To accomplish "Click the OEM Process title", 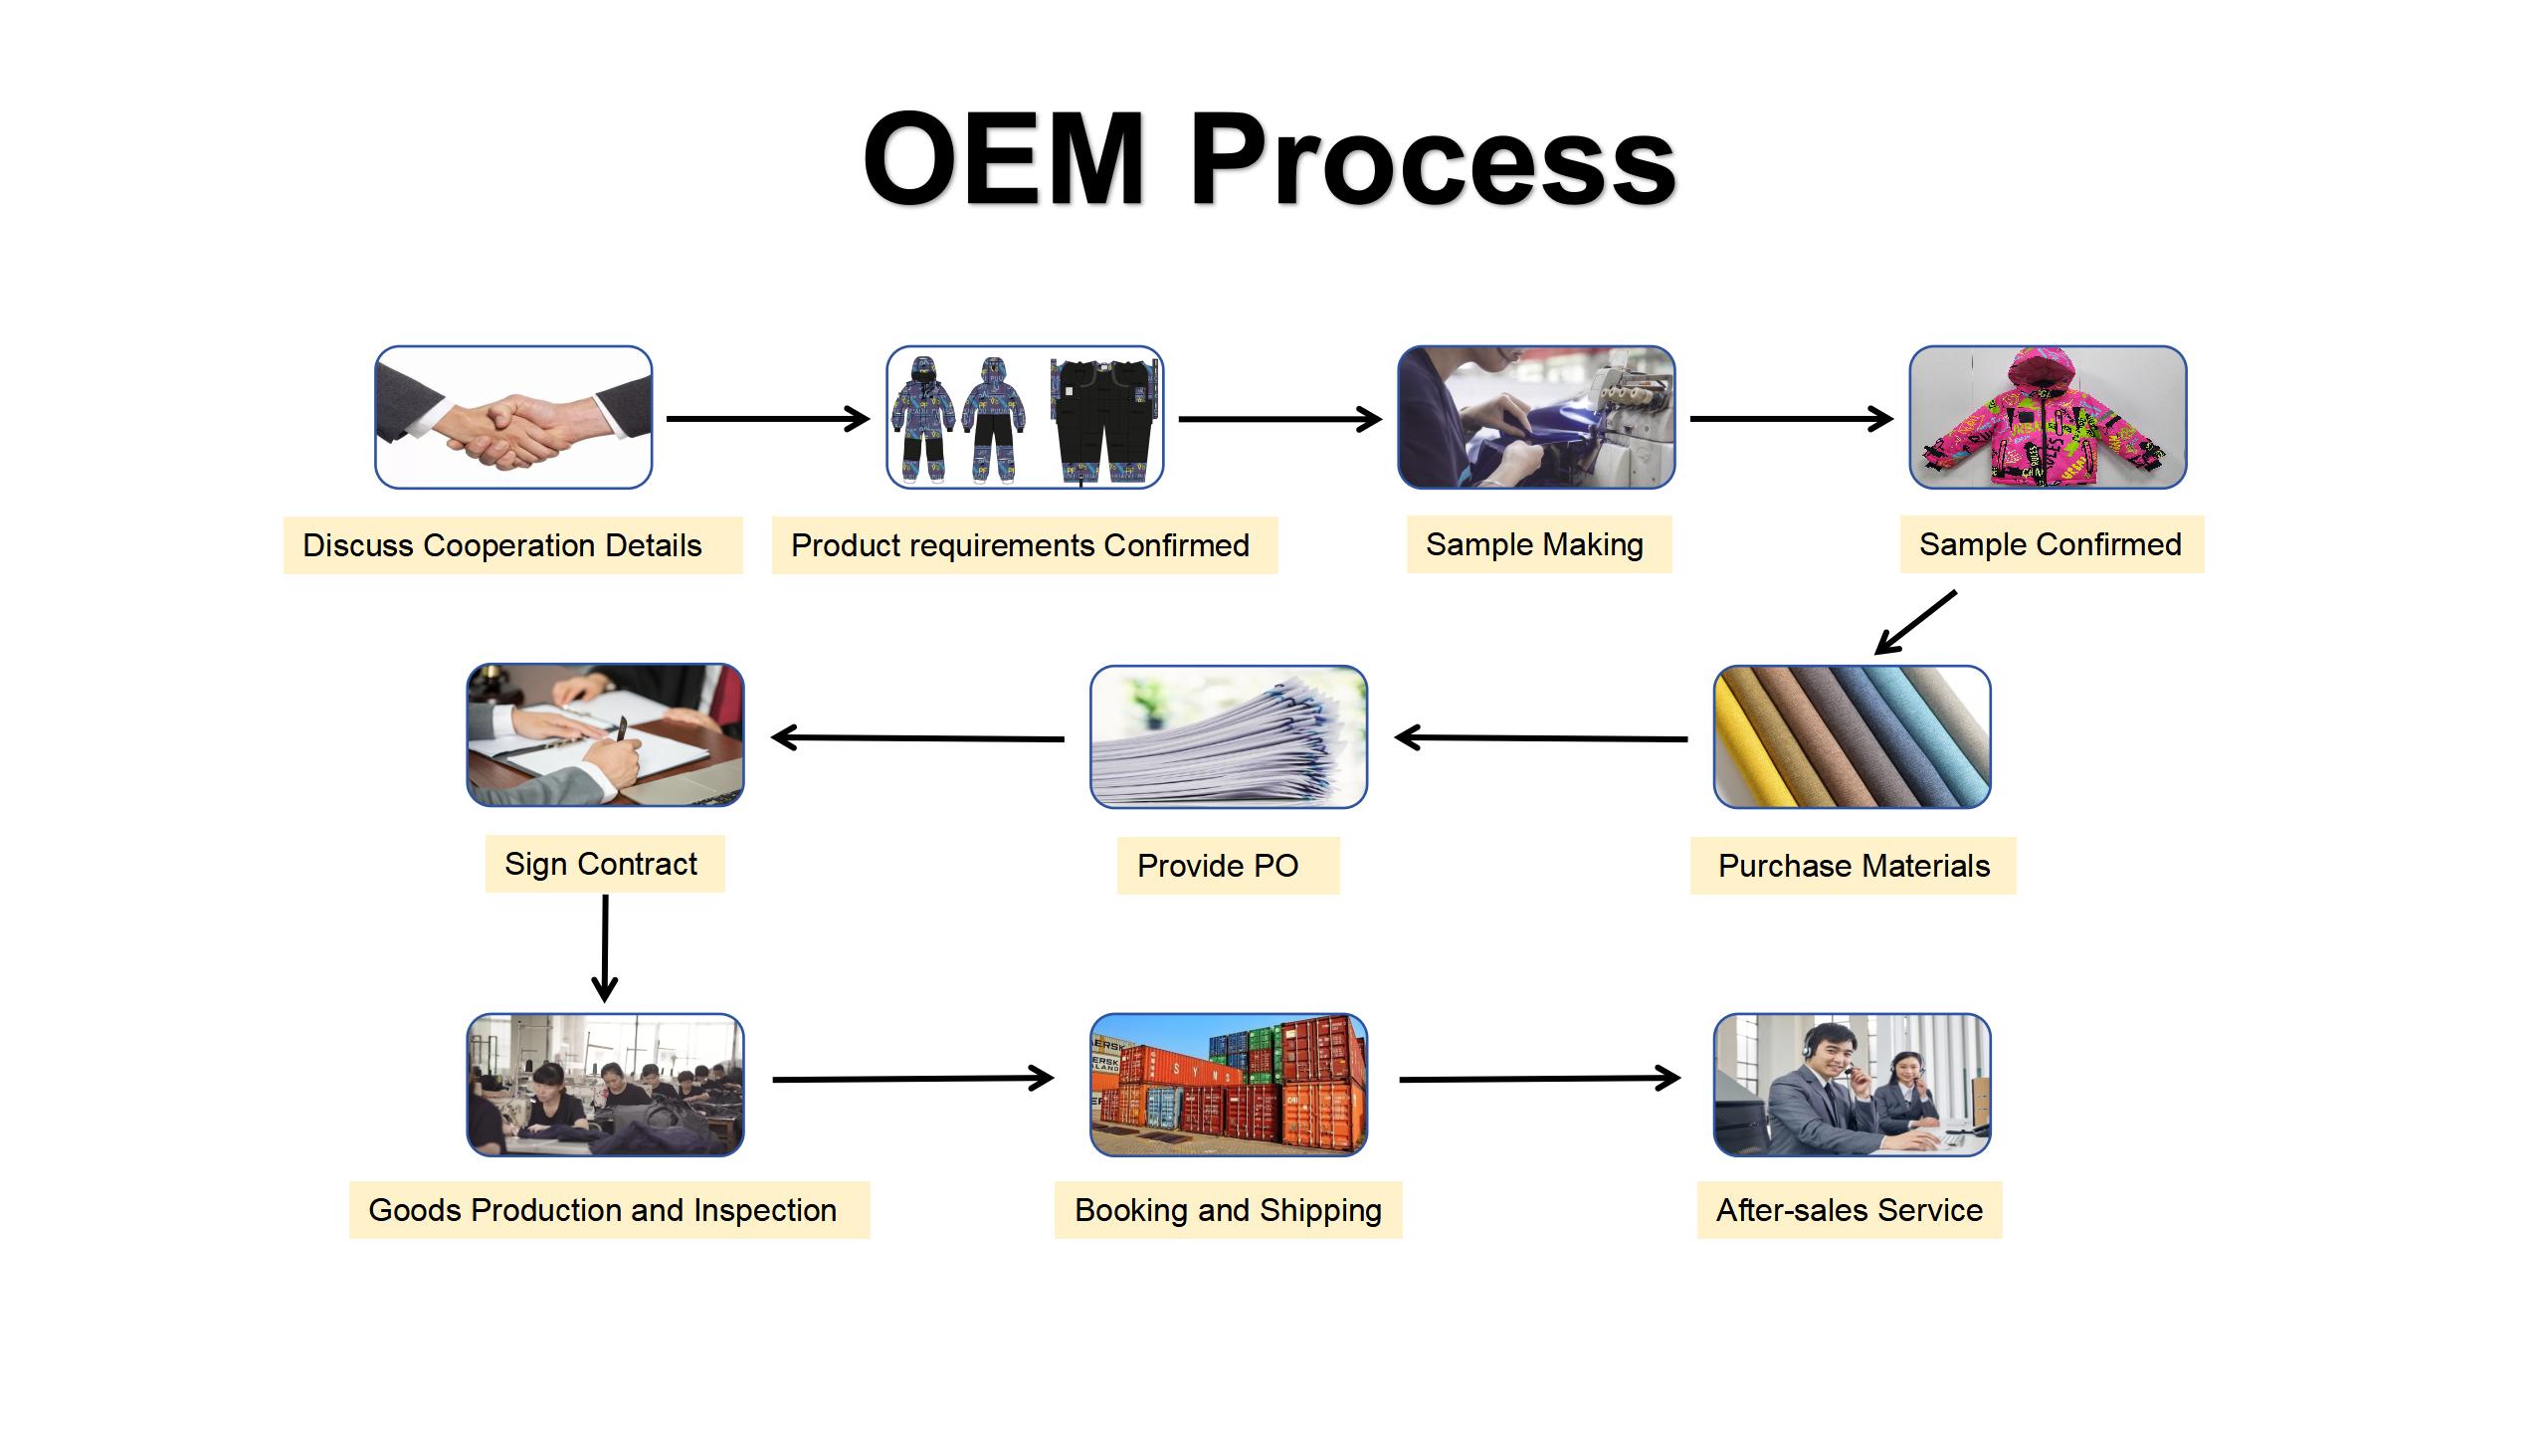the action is (1270, 159).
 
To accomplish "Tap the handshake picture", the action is (513, 417).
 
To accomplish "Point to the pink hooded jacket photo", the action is (2048, 417).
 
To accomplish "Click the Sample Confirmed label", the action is (2052, 544).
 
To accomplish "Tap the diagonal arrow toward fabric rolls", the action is (1915, 623).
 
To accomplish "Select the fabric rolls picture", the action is (1852, 737).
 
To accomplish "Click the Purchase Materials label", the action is (1853, 866).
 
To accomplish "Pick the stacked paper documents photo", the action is (1229, 737).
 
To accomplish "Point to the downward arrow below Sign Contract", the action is (605, 948).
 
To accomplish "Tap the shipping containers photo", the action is (1229, 1085).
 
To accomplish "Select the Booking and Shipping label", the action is (1228, 1210).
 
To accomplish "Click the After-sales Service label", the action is (1850, 1210).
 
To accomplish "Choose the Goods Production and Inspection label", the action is (609, 1210).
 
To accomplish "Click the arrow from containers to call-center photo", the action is (1540, 1079).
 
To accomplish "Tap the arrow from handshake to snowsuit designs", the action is (768, 419).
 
